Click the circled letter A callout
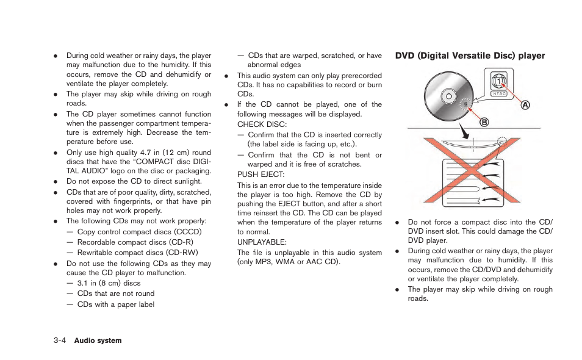coord(525,105)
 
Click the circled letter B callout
coord(484,122)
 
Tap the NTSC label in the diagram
coord(499,94)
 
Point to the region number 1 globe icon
coord(499,81)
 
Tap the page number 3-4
coord(59,340)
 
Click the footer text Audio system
coord(98,340)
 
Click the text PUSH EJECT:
coord(257,174)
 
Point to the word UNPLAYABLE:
coord(258,242)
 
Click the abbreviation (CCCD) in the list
coord(188,232)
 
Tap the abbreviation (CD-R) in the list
coord(181,242)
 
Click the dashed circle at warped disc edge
coord(502,142)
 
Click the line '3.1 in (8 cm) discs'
coord(109,283)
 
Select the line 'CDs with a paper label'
coord(115,304)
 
